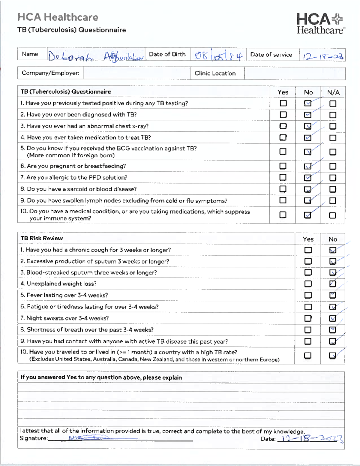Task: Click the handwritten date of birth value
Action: tap(218, 56)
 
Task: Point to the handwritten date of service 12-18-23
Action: tap(323, 56)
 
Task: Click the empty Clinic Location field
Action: tap(295, 73)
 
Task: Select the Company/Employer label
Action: tap(50, 73)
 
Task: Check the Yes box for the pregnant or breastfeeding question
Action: tap(283, 166)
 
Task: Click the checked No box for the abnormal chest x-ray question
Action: tap(307, 126)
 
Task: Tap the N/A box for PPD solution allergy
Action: tap(333, 178)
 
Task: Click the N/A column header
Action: tap(333, 92)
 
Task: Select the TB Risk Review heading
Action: tap(42, 238)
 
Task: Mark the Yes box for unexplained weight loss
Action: tap(308, 284)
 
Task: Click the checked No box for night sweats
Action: tap(332, 318)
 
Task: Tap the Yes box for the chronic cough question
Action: tap(308, 250)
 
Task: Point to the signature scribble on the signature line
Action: tap(87, 438)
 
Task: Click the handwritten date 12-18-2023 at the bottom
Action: tap(310, 439)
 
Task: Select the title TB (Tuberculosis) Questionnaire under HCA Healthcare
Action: tap(72, 30)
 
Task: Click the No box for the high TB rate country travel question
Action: tap(332, 356)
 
